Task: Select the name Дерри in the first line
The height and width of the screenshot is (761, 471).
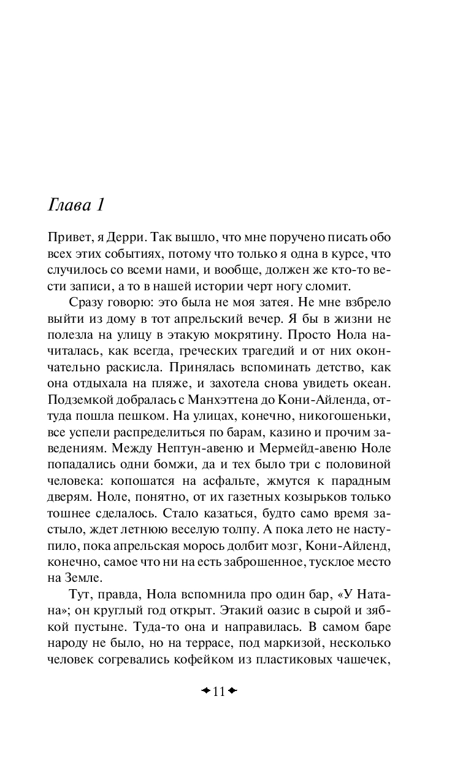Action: coord(125,238)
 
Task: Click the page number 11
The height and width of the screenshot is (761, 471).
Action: coord(219,691)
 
